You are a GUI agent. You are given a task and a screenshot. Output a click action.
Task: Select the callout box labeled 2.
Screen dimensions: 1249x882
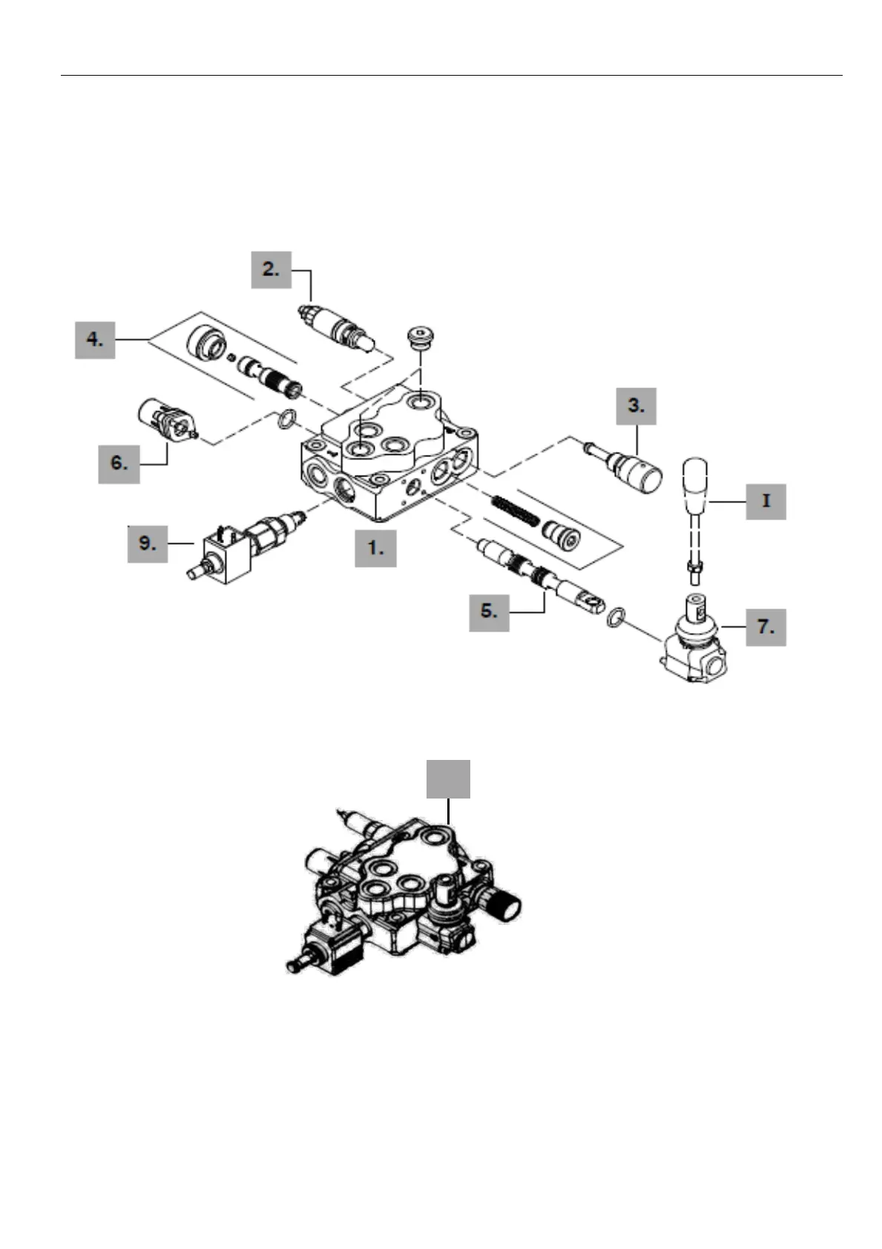pyautogui.click(x=271, y=269)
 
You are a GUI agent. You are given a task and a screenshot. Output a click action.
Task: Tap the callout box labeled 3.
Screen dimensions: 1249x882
pyautogui.click(x=636, y=405)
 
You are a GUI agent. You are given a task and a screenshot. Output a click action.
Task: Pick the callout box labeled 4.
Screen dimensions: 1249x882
pyautogui.click(x=95, y=339)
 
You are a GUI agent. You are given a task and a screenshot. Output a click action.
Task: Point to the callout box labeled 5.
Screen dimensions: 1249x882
pyautogui.click(x=489, y=612)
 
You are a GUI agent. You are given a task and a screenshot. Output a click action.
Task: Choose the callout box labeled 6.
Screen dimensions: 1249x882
pyautogui.click(x=119, y=463)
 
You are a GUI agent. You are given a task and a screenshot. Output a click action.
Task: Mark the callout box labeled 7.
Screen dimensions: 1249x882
pyautogui.click(x=765, y=627)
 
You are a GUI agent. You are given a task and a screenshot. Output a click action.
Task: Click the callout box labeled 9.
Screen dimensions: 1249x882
pyautogui.click(x=148, y=543)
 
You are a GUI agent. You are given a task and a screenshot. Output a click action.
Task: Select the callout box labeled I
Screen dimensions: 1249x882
pyautogui.click(x=766, y=501)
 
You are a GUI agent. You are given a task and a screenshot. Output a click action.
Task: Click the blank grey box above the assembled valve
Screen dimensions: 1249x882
pyautogui.click(x=448, y=778)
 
